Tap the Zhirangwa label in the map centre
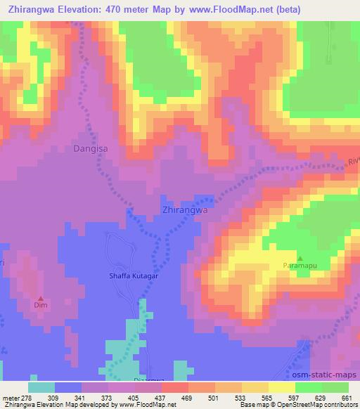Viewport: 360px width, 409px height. (184, 210)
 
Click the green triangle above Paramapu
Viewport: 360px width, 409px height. (300, 258)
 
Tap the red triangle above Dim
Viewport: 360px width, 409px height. (40, 297)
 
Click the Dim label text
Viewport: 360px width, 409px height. (40, 306)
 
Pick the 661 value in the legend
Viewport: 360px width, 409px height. (347, 398)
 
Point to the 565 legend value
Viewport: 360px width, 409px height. (267, 398)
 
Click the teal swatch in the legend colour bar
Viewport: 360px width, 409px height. (41, 387)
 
